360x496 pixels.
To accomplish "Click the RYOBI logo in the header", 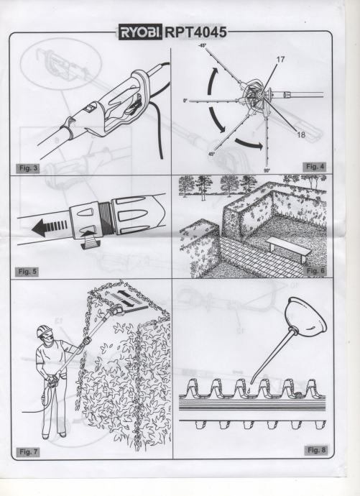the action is click(x=140, y=32).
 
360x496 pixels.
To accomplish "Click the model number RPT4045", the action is click(x=195, y=32).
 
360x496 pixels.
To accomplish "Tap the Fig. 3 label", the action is click(x=28, y=168).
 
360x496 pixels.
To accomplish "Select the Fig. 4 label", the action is click(x=315, y=167).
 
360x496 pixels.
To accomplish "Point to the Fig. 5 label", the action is click(x=27, y=272).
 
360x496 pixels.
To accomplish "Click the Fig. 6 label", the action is click(x=315, y=271).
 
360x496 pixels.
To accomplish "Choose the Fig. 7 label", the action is click(x=28, y=452).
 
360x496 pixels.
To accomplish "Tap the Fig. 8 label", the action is click(x=316, y=450).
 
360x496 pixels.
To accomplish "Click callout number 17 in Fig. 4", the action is click(x=280, y=60).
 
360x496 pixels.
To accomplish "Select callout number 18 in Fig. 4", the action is click(x=301, y=134).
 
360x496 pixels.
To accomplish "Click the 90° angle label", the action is click(x=267, y=171).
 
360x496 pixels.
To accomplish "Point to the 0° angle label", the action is click(x=185, y=101).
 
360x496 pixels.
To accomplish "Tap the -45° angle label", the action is click(x=203, y=46).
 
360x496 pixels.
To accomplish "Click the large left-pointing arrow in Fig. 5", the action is click(x=50, y=227).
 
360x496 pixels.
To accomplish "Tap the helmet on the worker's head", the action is click(x=44, y=331).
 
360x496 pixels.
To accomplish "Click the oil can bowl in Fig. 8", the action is click(x=305, y=315).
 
